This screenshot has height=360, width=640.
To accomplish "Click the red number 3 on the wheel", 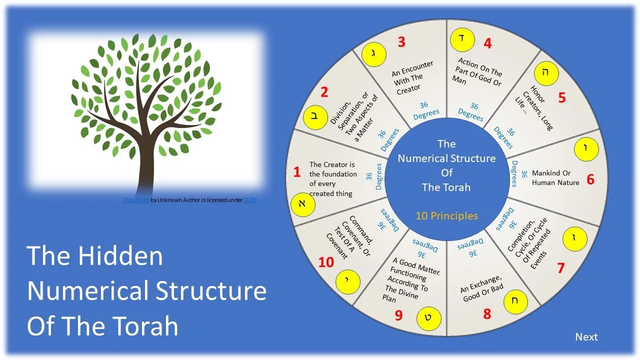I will click(x=401, y=41).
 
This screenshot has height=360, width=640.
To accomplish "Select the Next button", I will click(x=586, y=336).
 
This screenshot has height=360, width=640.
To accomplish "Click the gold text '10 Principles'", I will click(x=446, y=216).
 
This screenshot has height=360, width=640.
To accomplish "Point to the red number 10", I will click(x=325, y=262).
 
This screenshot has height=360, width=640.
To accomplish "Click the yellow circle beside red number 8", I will click(x=515, y=301).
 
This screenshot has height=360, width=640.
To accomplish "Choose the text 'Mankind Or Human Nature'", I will click(x=555, y=178).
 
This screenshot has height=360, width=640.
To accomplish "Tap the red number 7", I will click(x=560, y=268).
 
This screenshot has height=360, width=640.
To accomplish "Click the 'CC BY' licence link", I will click(x=250, y=200).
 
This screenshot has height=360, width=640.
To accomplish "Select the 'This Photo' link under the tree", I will click(x=136, y=200).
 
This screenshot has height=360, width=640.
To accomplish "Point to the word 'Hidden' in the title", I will click(x=119, y=255).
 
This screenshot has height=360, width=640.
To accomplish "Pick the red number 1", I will click(x=297, y=172).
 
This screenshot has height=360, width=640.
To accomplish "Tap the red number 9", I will click(x=398, y=315).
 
